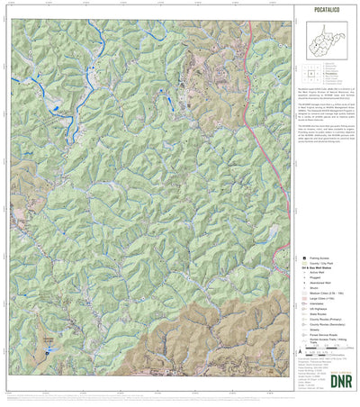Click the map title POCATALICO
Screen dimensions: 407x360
click(328, 14)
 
